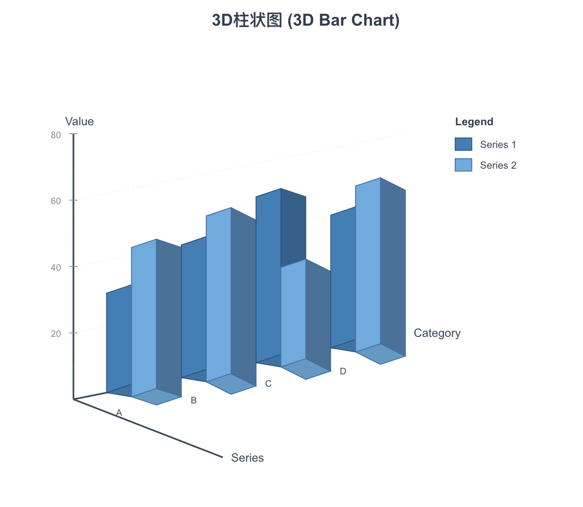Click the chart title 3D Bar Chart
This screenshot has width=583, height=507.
pos(305,20)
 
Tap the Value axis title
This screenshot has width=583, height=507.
pos(79,121)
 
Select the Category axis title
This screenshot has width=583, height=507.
pos(437,333)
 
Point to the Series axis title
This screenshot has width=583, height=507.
pos(247,458)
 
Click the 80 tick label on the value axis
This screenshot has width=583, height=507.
pos(56,135)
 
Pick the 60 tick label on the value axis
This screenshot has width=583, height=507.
pos(56,201)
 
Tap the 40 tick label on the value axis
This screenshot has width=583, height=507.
pos(56,267)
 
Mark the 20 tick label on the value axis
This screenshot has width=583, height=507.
pos(56,333)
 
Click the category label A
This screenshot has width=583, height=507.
pos(119,412)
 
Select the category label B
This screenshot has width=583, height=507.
pos(193,400)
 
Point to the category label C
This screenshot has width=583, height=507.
pos(268,384)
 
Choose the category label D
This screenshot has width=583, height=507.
pos(343,371)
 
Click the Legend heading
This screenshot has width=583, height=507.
pos(474,122)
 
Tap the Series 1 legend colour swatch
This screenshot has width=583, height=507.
pos(463,144)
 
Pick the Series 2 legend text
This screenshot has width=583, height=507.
pos(498,165)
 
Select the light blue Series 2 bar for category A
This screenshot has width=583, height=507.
pos(144,318)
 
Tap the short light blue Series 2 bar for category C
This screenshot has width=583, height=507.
pos(293,313)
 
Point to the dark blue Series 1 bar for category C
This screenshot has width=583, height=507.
pos(268,276)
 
